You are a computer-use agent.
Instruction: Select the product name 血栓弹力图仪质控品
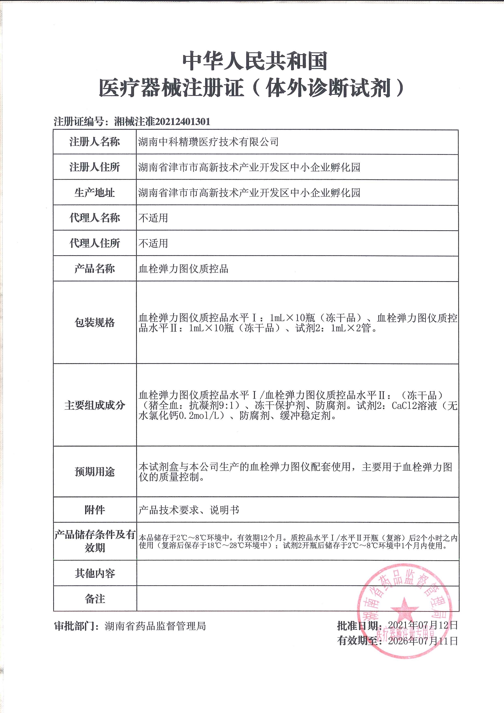tap(183, 269)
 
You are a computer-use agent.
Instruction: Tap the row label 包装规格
tap(94, 322)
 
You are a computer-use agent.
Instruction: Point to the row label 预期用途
tap(94, 472)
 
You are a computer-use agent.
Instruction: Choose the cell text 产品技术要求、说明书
tap(189, 510)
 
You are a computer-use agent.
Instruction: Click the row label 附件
tap(94, 510)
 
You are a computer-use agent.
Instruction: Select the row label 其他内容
tap(94, 573)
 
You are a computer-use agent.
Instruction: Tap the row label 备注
tap(94, 599)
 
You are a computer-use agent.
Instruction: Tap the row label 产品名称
tap(94, 269)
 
